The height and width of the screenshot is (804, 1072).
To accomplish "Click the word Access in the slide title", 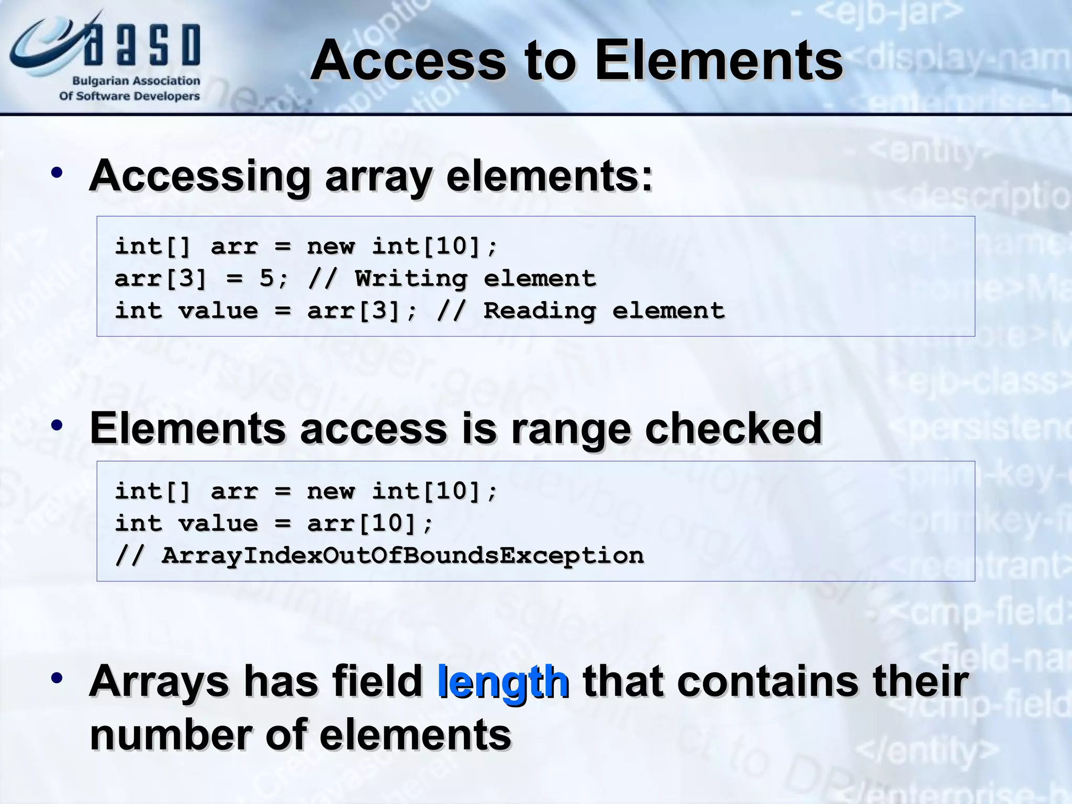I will [x=409, y=61].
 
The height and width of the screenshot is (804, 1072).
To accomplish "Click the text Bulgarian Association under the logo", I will [x=136, y=81].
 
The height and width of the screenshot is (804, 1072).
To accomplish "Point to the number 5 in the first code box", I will [x=266, y=278].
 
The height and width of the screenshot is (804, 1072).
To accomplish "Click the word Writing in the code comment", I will [x=411, y=278].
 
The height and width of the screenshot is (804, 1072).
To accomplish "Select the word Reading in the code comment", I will [x=540, y=311].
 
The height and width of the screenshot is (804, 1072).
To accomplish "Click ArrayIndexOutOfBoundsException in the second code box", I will [x=403, y=555].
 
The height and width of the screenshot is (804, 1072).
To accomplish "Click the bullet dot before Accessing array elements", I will [x=57, y=173].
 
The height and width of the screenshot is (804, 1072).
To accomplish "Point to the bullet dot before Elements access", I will [x=57, y=425].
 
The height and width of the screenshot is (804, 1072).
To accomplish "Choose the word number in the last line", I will [x=171, y=735].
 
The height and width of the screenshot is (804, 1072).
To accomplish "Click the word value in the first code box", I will [x=218, y=311].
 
